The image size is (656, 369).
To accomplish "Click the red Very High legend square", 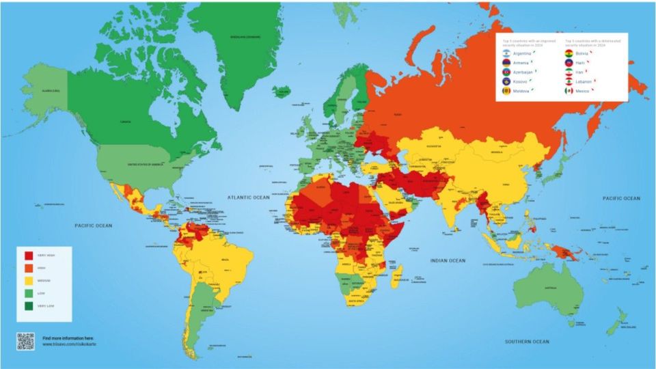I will pos(29,256).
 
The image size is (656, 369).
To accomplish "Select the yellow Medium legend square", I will pos(29,280).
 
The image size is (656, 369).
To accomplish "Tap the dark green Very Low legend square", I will pos(29,305).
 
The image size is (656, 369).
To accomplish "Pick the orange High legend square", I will pos(29,268).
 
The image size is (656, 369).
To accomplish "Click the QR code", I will pos(25,341).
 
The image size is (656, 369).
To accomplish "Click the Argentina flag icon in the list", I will pos(506,53).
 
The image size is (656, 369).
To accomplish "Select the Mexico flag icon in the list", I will pos(569,91).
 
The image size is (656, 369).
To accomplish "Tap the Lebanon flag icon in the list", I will pos(569,81).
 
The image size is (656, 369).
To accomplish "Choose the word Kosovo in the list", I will pos(523,81).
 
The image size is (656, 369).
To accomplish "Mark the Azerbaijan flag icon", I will pos(506,72).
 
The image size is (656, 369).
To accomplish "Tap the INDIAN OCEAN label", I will pos(448,260).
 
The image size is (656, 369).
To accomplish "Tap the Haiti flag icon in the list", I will pos(569,62).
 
